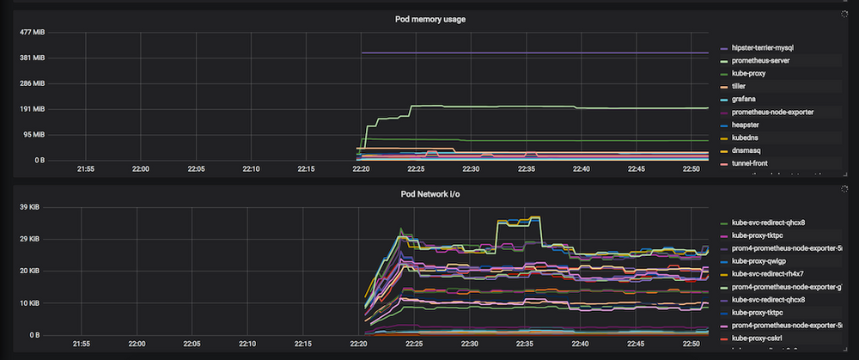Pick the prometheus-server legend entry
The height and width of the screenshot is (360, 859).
pos(766,61)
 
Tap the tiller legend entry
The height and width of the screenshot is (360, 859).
pos(740,86)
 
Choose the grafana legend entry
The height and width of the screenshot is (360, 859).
pos(744,99)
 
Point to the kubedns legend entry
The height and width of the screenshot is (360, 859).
pos(746,137)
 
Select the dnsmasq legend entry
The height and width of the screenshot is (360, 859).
pos(746,150)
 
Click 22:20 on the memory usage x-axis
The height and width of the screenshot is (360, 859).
pos(361,169)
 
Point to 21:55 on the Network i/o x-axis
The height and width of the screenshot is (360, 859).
pos(85,345)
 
